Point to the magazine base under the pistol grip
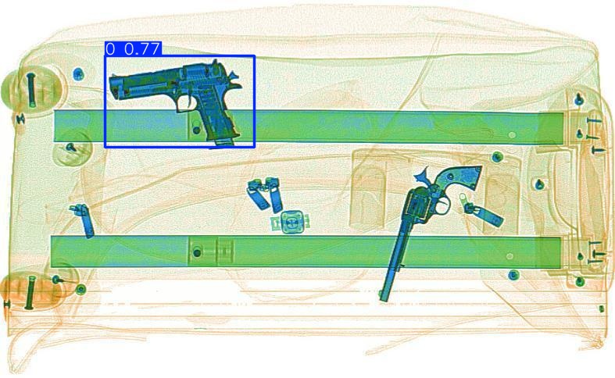(222, 141)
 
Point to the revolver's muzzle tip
(384, 297)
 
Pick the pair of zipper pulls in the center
(266, 194)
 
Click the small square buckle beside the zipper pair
(291, 223)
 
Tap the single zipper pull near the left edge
(83, 219)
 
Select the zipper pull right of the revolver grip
(484, 212)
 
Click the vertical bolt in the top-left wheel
(31, 90)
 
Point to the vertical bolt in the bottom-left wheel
(30, 292)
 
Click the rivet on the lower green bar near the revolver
(511, 255)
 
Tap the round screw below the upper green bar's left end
(70, 147)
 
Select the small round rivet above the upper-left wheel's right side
(77, 73)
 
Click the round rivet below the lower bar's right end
(513, 275)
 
